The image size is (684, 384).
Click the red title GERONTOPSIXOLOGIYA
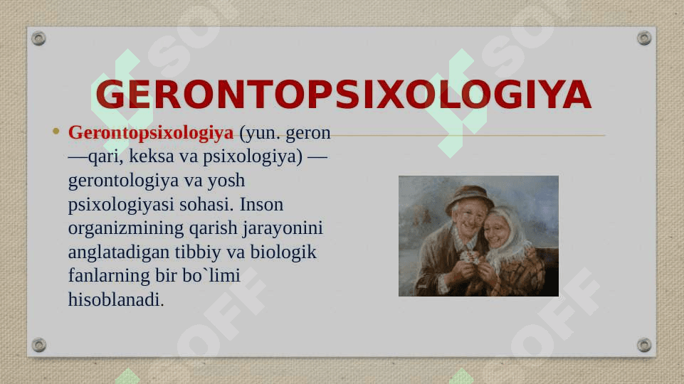point(343,94)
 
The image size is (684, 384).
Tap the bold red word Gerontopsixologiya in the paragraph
point(151,133)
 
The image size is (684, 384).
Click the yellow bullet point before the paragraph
point(56,131)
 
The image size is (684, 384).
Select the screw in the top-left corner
point(38,38)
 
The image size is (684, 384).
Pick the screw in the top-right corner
point(644,38)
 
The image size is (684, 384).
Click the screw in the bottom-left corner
point(39,345)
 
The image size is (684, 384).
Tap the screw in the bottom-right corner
point(644,345)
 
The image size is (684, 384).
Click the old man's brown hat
point(469,197)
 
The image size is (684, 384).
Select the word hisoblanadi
point(116,299)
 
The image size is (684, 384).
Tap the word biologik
point(283,252)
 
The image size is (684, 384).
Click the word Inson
point(261,204)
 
